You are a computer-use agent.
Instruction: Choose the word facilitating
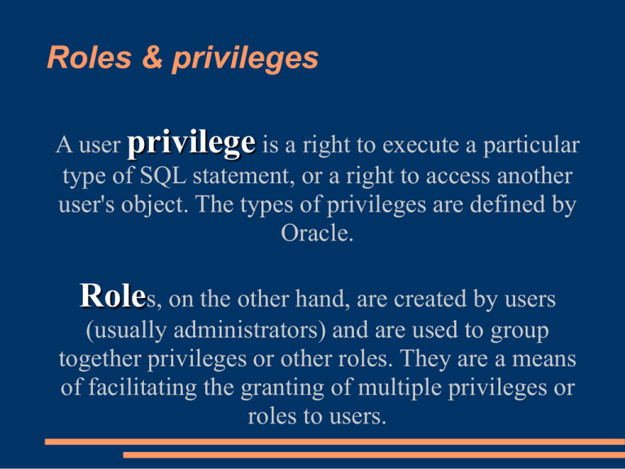point(158,388)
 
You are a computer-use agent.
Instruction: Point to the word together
point(101,360)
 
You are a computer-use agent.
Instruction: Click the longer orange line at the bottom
point(334,441)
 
